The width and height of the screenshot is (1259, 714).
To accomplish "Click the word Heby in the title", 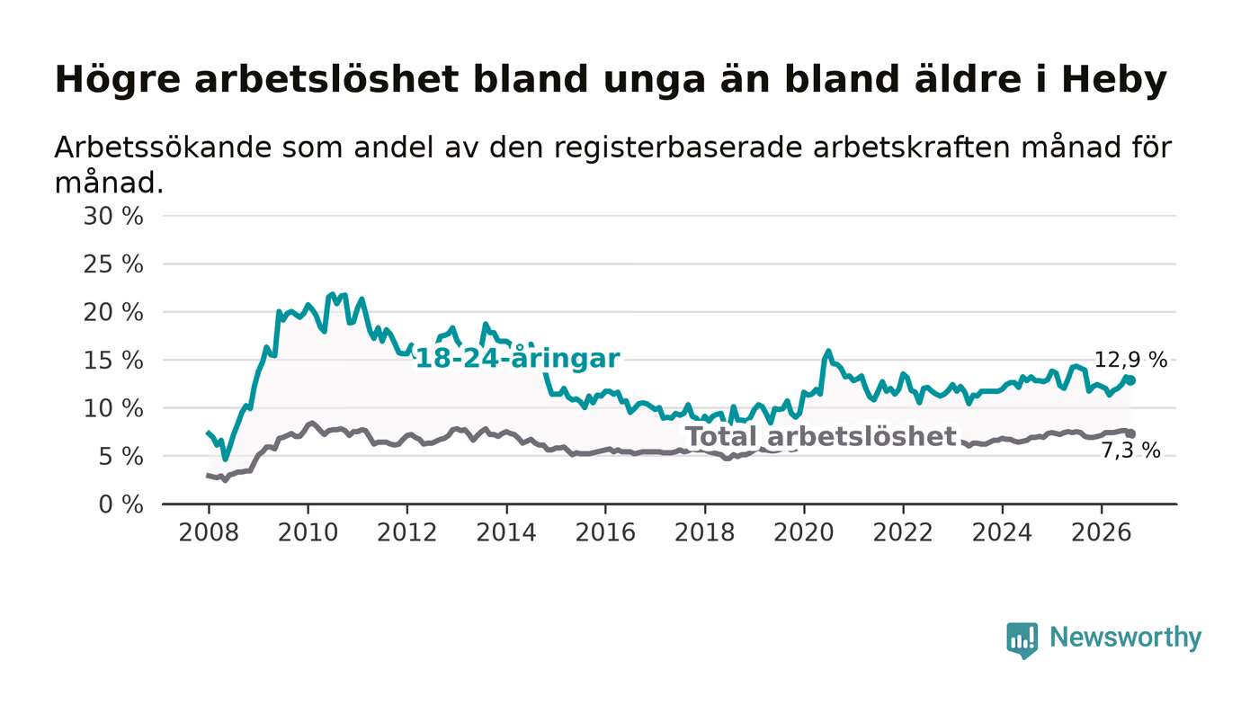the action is coord(1114,80).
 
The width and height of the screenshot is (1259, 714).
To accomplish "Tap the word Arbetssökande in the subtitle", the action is coord(163,147).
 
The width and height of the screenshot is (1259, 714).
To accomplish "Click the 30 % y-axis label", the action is coord(113,217).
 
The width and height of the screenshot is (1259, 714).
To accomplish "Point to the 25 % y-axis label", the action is coord(113,264).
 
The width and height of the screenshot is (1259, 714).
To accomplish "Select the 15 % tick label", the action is coord(113,361).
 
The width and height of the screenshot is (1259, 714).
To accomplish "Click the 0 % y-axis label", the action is coord(121,504).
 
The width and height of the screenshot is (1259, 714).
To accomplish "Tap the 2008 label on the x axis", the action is coord(209,532).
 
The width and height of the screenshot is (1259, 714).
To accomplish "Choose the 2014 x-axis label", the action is coord(506,532).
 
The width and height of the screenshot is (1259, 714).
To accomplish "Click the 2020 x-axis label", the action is coord(804,532).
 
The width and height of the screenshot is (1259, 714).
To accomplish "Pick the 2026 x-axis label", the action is coord(1101,532).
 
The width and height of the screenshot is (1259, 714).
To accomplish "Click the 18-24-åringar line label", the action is coord(518,359).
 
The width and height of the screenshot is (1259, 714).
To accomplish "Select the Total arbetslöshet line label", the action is coord(821,437).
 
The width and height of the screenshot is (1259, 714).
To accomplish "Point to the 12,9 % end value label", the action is coord(1130,360).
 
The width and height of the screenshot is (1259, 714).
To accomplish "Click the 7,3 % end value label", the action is coord(1130,451).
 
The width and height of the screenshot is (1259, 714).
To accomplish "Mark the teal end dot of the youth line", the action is coord(1131,380).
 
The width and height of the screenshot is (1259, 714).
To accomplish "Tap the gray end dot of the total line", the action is coord(1131,433).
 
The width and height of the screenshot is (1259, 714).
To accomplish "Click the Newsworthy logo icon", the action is coord(1022,640).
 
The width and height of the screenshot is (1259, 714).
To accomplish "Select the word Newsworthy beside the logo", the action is coord(1125,638).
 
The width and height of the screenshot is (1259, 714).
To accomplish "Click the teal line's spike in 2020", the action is coord(828,351).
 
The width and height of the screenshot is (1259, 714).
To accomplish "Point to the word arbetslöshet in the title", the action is coord(326,80).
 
